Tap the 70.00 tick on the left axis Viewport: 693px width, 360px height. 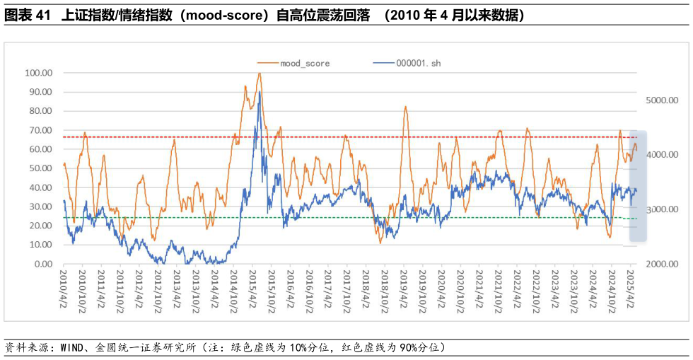click(x=40, y=130)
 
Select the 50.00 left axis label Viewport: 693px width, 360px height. click(x=40, y=168)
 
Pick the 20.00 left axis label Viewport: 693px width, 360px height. click(x=40, y=226)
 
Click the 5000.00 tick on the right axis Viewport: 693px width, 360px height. click(x=663, y=100)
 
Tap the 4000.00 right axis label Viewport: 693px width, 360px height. click(x=663, y=155)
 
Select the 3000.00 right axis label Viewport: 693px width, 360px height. click(x=663, y=209)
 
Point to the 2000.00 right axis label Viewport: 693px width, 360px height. click(x=663, y=264)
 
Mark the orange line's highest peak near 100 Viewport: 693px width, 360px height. click(x=260, y=73)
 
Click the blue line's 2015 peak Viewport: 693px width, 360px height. click(x=260, y=92)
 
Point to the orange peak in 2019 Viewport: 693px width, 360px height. click(x=405, y=107)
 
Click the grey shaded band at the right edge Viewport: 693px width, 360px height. click(x=633, y=187)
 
